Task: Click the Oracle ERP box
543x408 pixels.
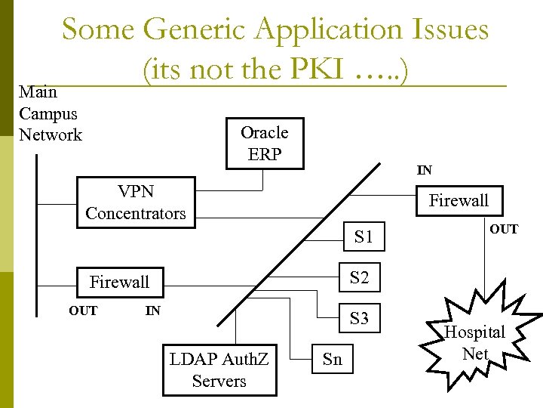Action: [x=265, y=144]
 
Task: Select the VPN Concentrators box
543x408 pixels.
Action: [x=136, y=202]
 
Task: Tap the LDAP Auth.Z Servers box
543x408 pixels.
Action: [x=219, y=370]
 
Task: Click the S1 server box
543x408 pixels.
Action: [x=364, y=236]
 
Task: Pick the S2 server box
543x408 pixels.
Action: [x=360, y=277]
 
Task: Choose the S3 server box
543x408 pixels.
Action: [x=360, y=318]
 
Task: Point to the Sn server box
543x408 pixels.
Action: [x=332, y=360]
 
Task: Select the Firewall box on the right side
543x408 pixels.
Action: [x=459, y=200]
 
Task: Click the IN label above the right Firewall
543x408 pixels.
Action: [x=425, y=171]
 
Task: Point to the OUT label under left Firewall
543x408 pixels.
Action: [x=83, y=311]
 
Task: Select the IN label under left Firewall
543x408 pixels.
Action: [x=152, y=311]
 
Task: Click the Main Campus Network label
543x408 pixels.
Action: [x=50, y=114]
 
